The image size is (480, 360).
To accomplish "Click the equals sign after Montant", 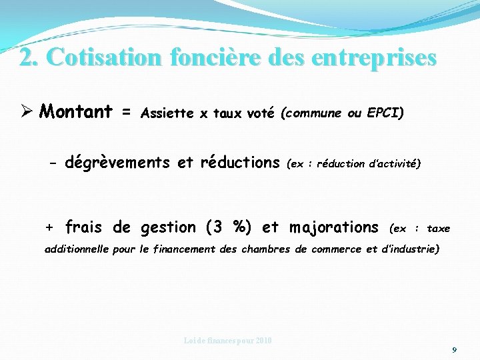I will click(x=125, y=111).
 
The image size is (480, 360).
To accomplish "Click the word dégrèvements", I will click(x=117, y=162).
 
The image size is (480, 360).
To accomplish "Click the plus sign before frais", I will click(x=49, y=227).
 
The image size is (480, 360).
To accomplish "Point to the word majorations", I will click(x=333, y=227).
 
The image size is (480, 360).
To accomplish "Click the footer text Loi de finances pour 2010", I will click(x=228, y=341).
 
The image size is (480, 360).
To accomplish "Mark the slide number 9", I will click(x=454, y=349).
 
